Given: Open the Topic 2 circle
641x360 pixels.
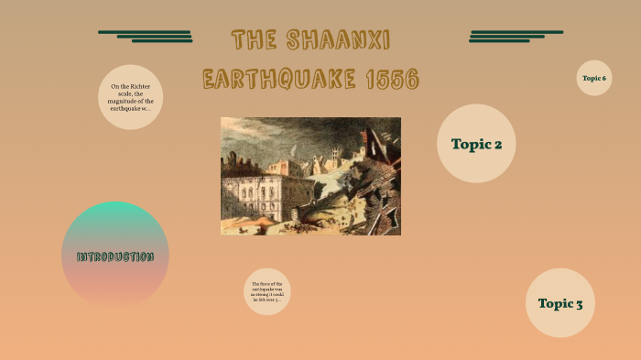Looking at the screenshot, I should point(476,143).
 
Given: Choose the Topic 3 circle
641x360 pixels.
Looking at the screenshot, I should point(560,303).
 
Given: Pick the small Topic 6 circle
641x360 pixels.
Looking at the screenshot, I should point(594,78).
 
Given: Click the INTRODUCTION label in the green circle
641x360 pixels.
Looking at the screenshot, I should point(114,256).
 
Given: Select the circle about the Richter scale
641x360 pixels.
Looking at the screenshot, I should point(130,96).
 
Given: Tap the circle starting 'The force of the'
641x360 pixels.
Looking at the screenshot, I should point(267,291).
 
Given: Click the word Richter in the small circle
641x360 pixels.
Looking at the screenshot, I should point(139,86).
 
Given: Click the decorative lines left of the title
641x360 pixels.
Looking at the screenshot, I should point(147,37).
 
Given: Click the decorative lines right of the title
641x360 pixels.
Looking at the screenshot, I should point(515,37).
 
